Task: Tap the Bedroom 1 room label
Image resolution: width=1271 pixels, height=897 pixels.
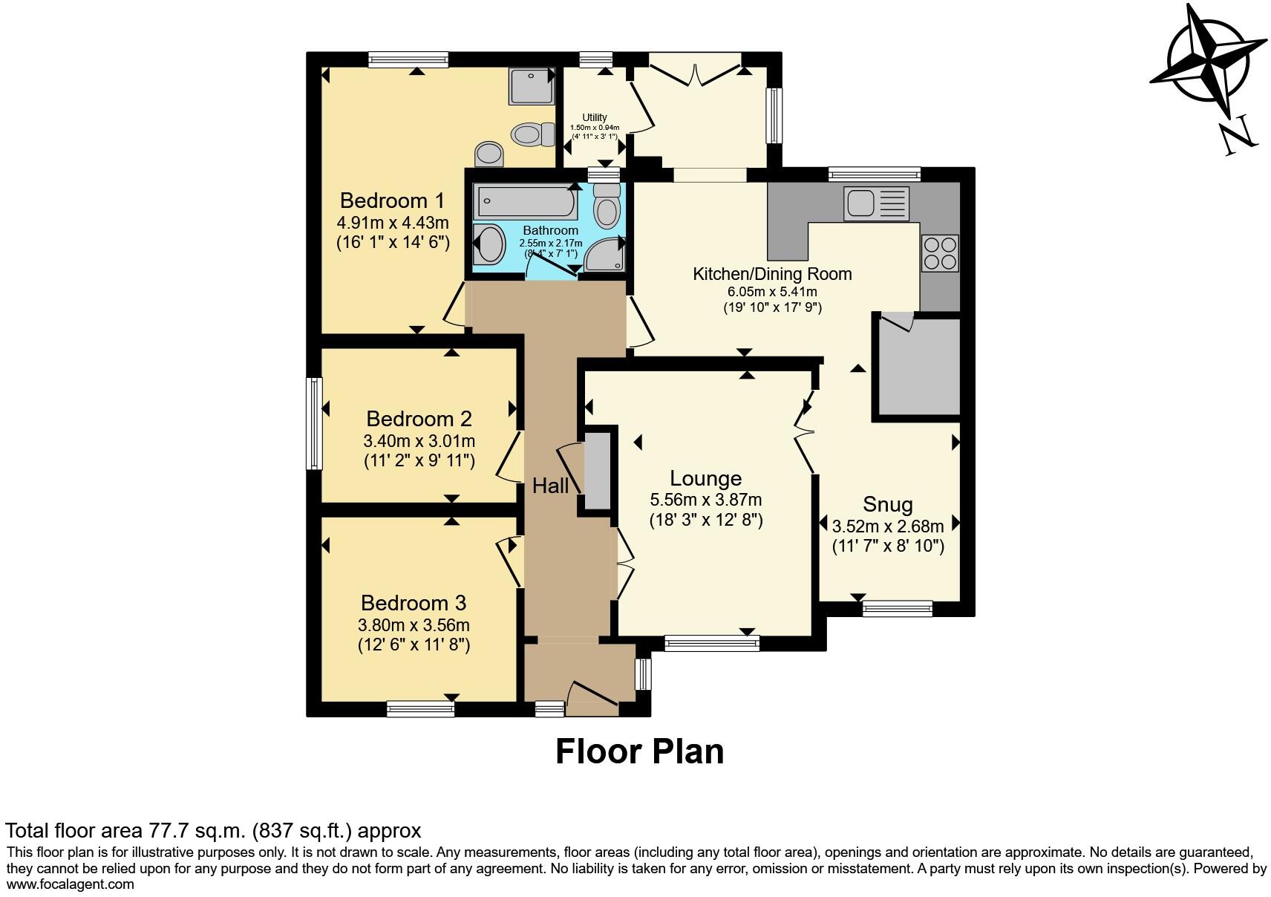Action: coord(392,200)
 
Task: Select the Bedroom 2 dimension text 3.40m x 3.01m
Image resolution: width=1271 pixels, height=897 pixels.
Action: coord(419,442)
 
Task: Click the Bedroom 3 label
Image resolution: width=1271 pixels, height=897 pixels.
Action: coord(414,602)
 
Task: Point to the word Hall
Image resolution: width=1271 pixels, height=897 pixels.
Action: coord(550,486)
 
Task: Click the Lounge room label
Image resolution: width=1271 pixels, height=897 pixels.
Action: coord(705,478)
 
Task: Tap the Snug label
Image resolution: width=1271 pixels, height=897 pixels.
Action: coord(887,505)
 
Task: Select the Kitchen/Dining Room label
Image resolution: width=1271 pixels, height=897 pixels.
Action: coord(772,273)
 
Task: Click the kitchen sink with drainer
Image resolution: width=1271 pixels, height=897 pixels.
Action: coord(876,203)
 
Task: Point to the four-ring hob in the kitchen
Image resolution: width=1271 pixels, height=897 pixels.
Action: coord(939,252)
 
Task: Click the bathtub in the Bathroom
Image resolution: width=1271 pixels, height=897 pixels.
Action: coord(526,202)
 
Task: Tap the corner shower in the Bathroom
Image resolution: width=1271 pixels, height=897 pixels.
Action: coord(604,255)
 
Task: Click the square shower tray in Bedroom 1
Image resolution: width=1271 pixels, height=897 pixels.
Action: coord(532,86)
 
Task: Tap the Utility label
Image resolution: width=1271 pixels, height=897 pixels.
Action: coord(594,117)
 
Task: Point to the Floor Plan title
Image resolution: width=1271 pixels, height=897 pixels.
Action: coord(639,751)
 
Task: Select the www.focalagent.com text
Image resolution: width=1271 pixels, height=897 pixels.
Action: coord(71,884)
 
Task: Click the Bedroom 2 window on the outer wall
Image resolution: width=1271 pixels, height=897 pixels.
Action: coord(315,423)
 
